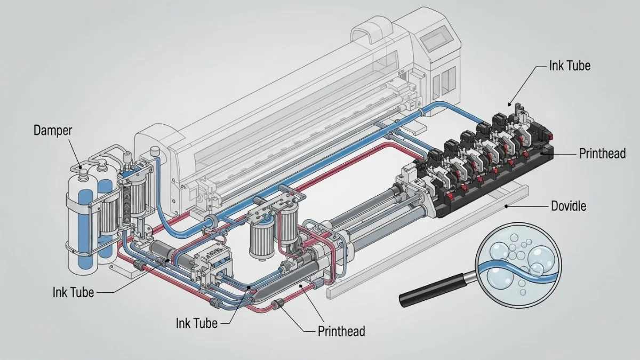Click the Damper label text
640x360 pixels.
pyautogui.click(x=53, y=130)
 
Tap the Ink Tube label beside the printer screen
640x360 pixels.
pyautogui.click(x=570, y=66)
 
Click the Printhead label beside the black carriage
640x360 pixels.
pyautogui.click(x=602, y=154)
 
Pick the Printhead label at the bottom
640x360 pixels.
pyautogui.click(x=341, y=331)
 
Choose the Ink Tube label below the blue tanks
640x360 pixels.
pyautogui.click(x=73, y=292)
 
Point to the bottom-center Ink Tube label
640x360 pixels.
pyautogui.click(x=196, y=323)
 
